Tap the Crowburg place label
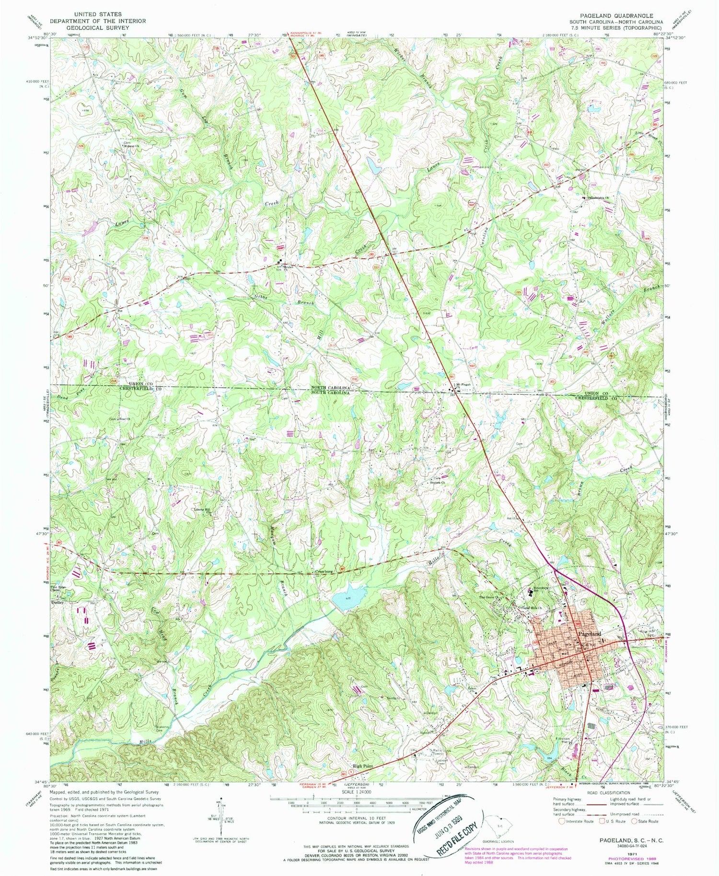point(324,571)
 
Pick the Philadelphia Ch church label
point(598,197)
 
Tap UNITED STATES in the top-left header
point(97,14)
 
